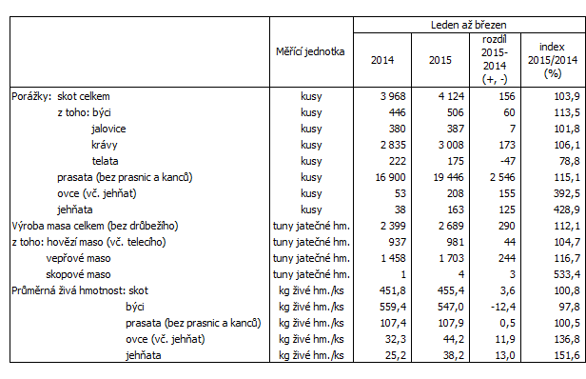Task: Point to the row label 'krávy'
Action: pyautogui.click(x=105, y=144)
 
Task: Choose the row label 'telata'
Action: pyautogui.click(x=107, y=161)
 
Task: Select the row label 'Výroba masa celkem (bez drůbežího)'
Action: pyautogui.click(x=94, y=226)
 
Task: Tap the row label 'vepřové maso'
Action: pyautogui.click(x=88, y=257)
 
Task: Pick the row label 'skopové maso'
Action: pyautogui.click(x=89, y=274)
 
